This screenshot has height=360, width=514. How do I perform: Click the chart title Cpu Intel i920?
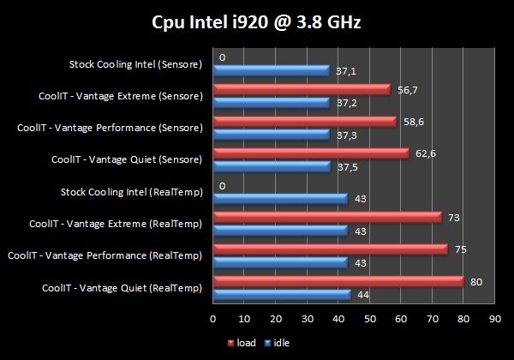coord(256,20)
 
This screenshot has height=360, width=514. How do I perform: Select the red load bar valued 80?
coord(338,281)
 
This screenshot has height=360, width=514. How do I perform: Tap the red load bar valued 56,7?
coord(301,88)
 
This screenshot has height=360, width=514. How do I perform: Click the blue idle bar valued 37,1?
coord(271,70)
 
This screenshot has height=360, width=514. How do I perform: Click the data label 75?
coord(460,249)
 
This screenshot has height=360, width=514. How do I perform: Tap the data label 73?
coord(454,217)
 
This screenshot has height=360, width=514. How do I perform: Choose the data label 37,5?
coord(348,167)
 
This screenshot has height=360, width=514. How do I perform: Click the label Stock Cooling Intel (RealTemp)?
coord(133,192)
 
